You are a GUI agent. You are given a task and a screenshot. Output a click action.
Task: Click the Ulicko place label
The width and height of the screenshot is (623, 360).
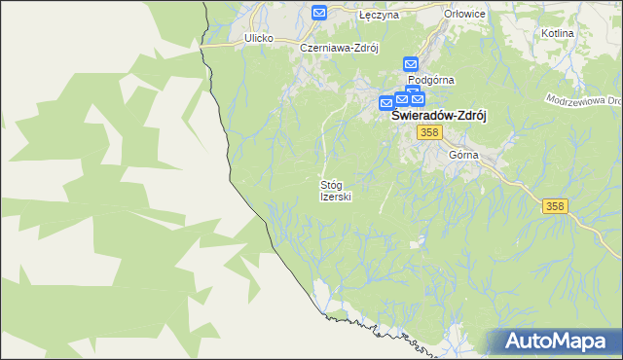tap(259, 38)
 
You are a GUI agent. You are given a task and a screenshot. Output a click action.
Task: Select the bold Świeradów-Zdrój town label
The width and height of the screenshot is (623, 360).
tap(438, 115)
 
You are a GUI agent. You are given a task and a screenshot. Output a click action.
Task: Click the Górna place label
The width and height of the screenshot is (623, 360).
tap(464, 155)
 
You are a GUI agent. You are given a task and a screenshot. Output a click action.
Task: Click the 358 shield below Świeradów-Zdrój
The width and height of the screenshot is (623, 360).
tap(428, 132)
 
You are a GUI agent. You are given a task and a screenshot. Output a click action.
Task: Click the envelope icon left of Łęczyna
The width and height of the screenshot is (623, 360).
tap(319, 13)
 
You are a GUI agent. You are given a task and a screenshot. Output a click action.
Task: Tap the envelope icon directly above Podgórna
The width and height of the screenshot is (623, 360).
tap(411, 64)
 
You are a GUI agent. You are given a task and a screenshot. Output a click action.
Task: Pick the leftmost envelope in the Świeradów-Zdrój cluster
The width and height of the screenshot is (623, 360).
tap(386, 102)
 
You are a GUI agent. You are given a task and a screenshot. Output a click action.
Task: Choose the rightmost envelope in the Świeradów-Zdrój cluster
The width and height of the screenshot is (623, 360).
tap(417, 98)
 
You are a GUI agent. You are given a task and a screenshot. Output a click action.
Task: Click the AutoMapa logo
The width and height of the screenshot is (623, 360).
tap(555, 341)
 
